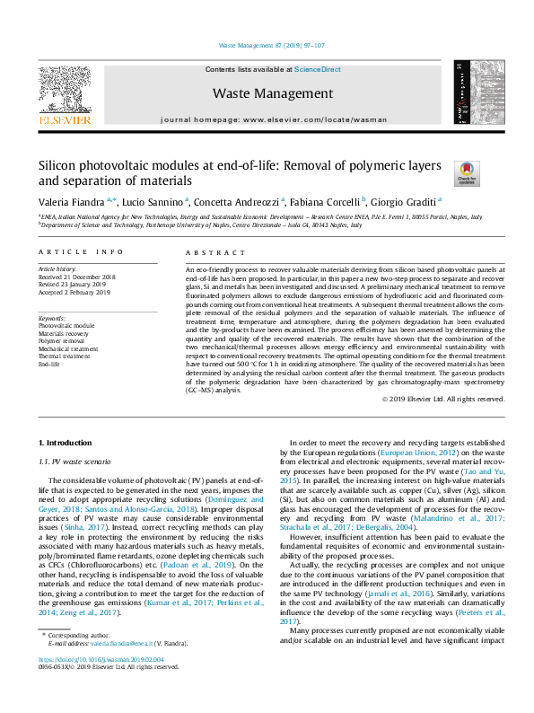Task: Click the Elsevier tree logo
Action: click(64, 89)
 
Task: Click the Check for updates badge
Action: click(467, 173)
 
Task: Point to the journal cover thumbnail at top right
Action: click(475, 93)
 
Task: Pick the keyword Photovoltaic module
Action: click(66, 326)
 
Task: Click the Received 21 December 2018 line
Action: click(76, 277)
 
